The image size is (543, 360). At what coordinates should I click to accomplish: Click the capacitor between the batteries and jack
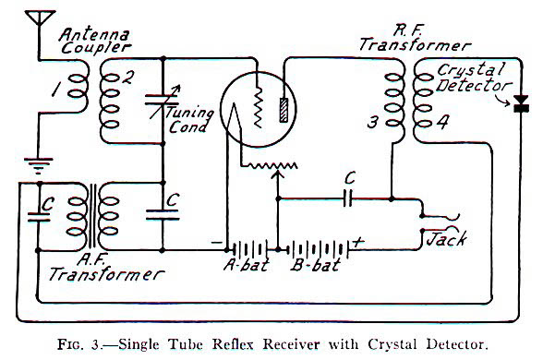point(348,198)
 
